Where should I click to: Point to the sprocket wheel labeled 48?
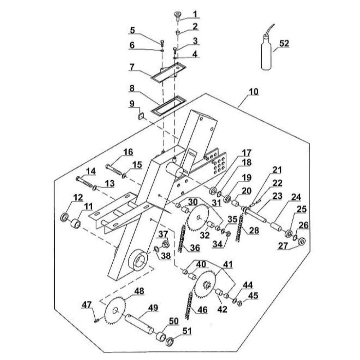point(115,310)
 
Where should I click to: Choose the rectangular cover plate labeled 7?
point(168,72)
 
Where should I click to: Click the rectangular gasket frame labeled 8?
point(168,105)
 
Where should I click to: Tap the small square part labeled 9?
point(140,117)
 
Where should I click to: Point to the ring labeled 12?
point(64,217)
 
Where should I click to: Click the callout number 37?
point(163,234)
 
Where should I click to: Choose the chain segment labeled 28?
point(239,228)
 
